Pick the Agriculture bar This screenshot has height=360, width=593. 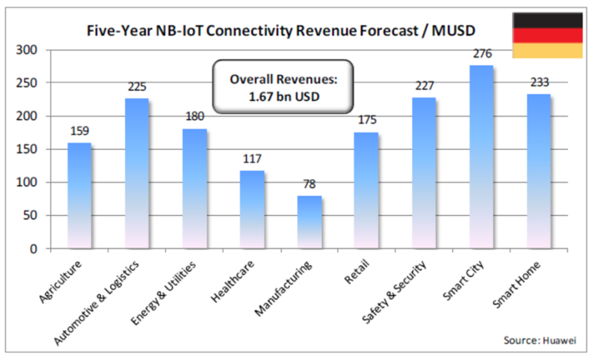point(80,195)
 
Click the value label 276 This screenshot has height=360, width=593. point(482,54)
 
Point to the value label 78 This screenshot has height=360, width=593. point(309,184)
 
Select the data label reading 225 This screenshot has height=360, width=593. point(137,87)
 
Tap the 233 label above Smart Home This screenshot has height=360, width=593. point(539,82)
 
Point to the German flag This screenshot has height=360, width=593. point(547,35)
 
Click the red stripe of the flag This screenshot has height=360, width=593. point(547,35)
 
